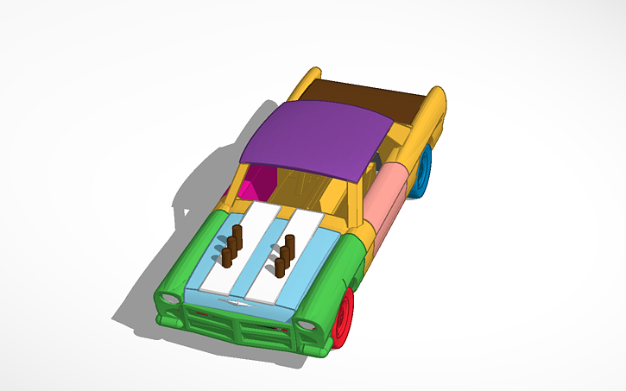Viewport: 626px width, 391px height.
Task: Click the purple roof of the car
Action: (x=315, y=138)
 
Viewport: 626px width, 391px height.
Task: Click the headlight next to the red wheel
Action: (x=306, y=325)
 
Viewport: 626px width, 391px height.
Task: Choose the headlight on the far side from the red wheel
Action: (x=170, y=298)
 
